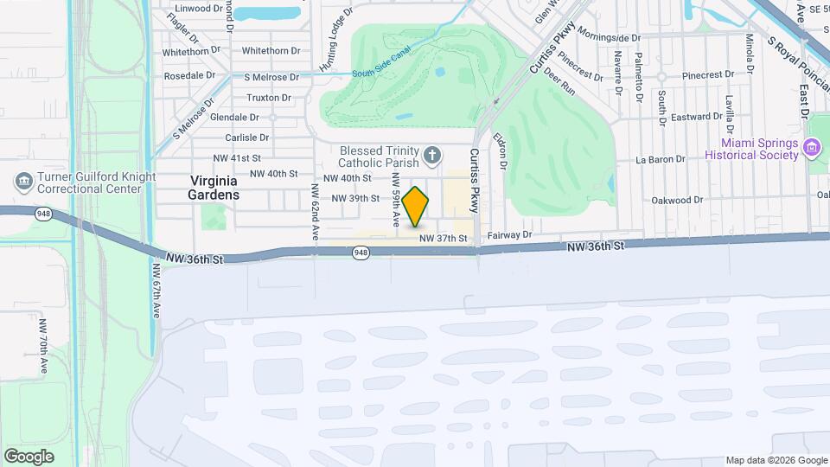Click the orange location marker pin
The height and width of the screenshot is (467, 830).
click(x=416, y=206)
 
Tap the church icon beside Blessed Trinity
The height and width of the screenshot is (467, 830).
click(x=433, y=156)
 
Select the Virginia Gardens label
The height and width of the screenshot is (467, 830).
click(x=214, y=187)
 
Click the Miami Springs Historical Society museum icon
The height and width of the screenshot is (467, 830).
click(x=812, y=148)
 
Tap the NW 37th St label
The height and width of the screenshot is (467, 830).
click(x=443, y=238)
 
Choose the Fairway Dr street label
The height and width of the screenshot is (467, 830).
click(x=514, y=234)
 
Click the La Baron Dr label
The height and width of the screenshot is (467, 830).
click(x=660, y=159)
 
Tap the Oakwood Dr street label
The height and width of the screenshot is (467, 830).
click(x=677, y=200)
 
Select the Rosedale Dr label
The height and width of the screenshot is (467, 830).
click(x=190, y=75)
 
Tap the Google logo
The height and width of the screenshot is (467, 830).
click(x=29, y=456)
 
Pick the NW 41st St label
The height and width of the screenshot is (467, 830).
click(x=237, y=158)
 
